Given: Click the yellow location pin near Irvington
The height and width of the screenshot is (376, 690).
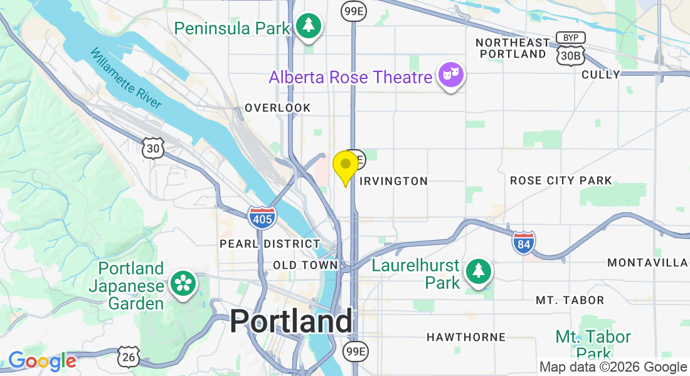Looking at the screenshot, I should point(345,165).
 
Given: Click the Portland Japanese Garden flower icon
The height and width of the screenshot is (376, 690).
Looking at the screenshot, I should point(184,284).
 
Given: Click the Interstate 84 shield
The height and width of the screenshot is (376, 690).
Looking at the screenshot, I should point(523,242).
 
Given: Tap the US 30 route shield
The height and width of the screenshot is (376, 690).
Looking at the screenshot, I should point(153,149).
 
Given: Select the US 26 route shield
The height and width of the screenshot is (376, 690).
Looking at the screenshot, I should point(127,356).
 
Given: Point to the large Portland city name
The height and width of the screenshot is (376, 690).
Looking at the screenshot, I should point(291,321).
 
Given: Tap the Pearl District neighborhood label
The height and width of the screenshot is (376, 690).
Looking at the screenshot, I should point(270,243).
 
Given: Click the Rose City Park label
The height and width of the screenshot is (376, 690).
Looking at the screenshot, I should point(560,180).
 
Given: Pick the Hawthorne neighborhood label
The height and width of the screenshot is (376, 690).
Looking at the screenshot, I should point(465,337).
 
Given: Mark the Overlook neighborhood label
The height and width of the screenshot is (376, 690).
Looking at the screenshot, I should point(277,108).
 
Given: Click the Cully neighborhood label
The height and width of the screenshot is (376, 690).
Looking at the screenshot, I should point(601,75).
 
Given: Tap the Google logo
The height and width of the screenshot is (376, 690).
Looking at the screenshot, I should point(42,362).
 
